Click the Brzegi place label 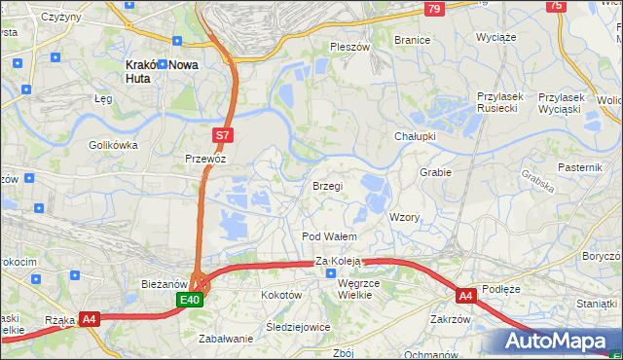pos(327,186)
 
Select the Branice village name pos(412,40)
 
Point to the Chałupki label pos(415,136)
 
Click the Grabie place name pos(435,172)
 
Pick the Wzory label pos(404,217)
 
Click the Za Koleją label pos(338,261)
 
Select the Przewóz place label pos(205,158)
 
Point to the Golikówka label pos(114,145)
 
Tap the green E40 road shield pos(191,302)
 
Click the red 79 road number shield pos(434,9)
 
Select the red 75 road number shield pos(556,6)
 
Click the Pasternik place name pos(581,167)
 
